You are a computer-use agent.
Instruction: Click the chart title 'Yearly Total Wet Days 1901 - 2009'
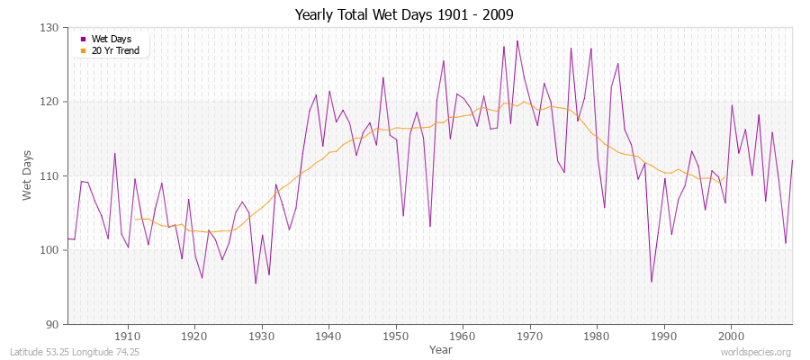[404, 15]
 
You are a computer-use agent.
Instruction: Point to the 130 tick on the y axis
[49, 28]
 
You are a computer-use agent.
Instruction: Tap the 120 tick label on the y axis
[49, 102]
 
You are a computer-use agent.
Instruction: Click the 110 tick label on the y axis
[49, 175]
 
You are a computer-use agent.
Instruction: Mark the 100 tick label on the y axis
[49, 250]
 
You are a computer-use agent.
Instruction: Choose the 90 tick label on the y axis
[52, 324]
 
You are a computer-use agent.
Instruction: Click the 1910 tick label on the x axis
[128, 336]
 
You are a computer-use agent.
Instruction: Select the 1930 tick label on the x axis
[262, 336]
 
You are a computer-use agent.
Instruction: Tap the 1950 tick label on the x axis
[396, 336]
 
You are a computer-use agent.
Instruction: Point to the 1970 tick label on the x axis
[530, 336]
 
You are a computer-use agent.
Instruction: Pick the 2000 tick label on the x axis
[731, 336]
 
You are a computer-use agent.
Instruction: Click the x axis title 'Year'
[441, 348]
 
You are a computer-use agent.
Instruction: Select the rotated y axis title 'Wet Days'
[28, 175]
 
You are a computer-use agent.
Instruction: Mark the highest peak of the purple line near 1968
[517, 40]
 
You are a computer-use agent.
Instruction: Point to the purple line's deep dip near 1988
[651, 282]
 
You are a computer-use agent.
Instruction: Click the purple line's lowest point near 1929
[256, 283]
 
